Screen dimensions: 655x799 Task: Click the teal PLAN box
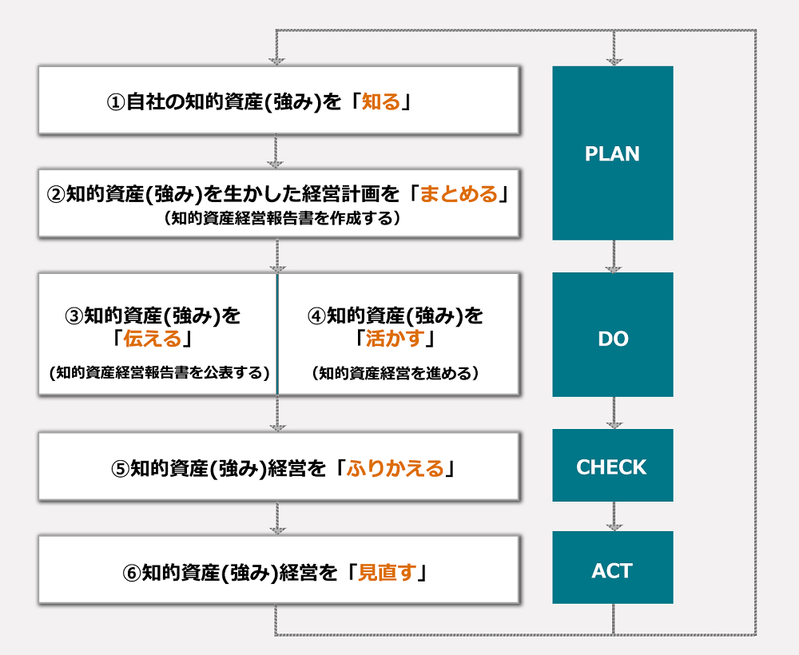coord(612,153)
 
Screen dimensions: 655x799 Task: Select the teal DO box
coord(612,339)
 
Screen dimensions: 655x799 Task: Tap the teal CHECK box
coord(612,466)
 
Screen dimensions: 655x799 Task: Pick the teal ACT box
coord(612,570)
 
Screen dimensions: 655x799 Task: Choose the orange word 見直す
coord(386,573)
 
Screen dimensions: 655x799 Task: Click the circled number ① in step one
coord(116,103)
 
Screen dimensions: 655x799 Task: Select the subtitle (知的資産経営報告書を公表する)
coord(158,373)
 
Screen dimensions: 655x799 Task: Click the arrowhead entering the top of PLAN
coord(614,60)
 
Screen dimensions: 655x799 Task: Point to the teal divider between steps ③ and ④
coord(277,334)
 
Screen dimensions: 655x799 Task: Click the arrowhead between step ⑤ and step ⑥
coord(276,529)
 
